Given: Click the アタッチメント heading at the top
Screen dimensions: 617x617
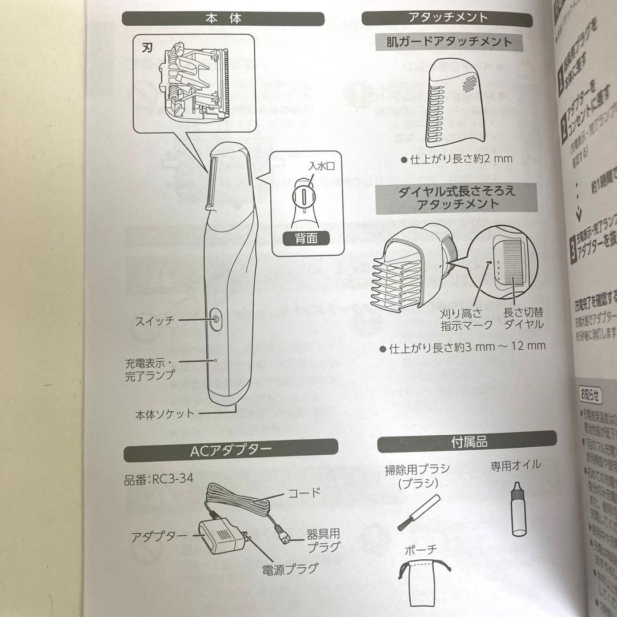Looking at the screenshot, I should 449,17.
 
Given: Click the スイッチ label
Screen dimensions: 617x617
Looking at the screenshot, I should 154,320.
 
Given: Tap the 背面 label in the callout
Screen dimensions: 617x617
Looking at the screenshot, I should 305,240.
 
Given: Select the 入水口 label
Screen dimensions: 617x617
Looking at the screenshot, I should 320,167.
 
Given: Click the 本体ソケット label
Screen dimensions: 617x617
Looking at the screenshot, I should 165,414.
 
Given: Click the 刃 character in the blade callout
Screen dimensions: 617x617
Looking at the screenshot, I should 146,47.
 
